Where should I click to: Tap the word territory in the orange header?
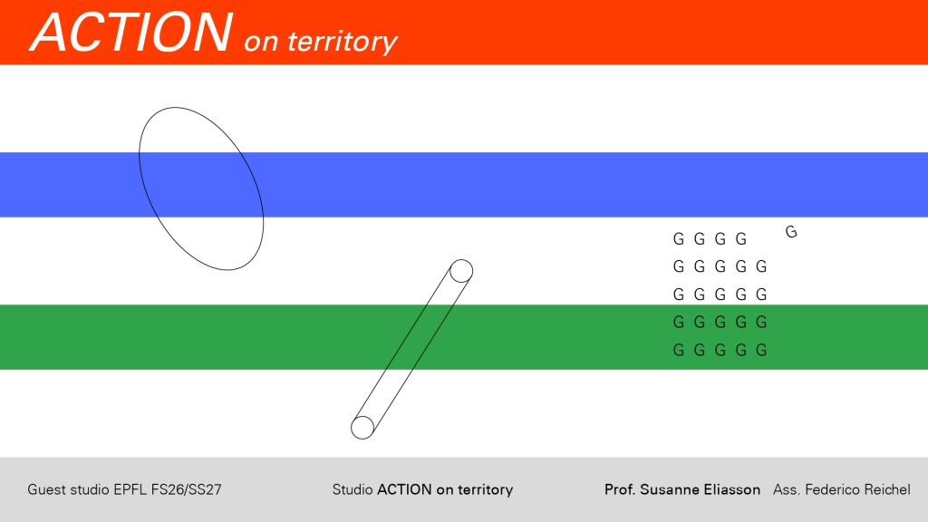pos(343,42)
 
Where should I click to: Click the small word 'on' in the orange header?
pos(261,43)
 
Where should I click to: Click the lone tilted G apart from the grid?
pos(791,231)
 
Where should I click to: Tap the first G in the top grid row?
pos(679,238)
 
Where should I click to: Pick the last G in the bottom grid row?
pos(761,350)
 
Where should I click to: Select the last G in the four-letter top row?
pos(741,238)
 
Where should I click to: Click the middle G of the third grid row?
pos(720,295)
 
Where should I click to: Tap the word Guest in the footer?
pos(47,490)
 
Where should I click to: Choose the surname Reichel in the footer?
pos(887,490)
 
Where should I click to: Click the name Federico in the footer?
pos(832,490)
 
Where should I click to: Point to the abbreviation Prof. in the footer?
pos(620,490)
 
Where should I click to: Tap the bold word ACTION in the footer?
pos(404,490)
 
